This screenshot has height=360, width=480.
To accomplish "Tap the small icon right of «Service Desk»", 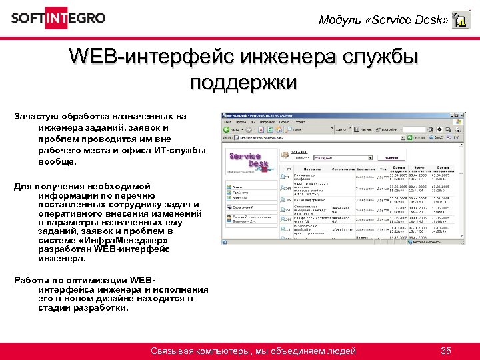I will pos(460,20).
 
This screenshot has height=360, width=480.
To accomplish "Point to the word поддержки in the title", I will pos(243,83).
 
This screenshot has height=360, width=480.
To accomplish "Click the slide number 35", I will pos(446,351).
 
